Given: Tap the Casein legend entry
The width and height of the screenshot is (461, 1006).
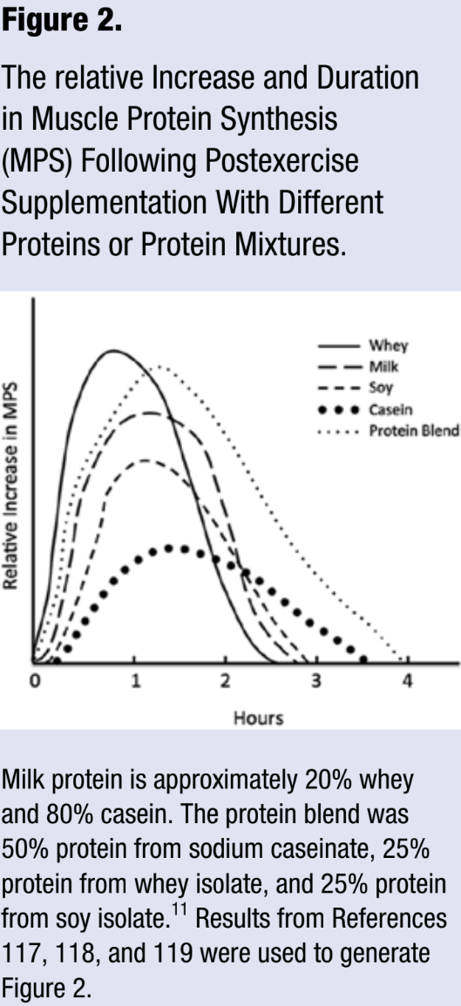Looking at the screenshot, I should tap(397, 409).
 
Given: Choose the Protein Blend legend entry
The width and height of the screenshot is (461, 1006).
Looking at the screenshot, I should tap(413, 431).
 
